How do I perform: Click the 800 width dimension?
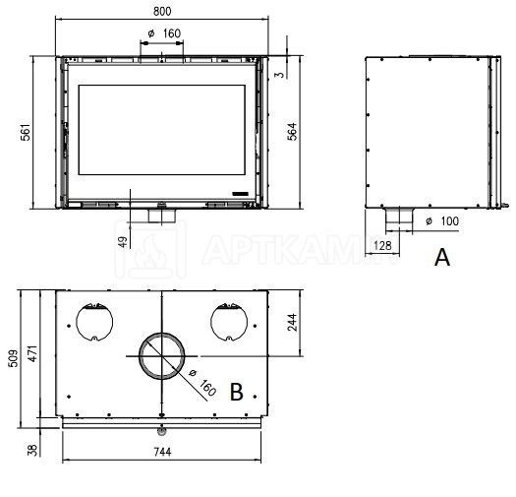(x=162, y=12)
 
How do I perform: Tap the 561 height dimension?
(x=26, y=133)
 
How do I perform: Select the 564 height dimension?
(x=292, y=132)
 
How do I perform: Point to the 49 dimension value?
(x=123, y=242)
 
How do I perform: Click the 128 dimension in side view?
(x=382, y=245)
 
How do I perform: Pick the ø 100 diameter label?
(x=442, y=221)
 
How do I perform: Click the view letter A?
(x=442, y=258)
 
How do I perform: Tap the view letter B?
(x=237, y=392)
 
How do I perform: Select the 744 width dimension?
(x=162, y=452)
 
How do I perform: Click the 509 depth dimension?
(x=13, y=358)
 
